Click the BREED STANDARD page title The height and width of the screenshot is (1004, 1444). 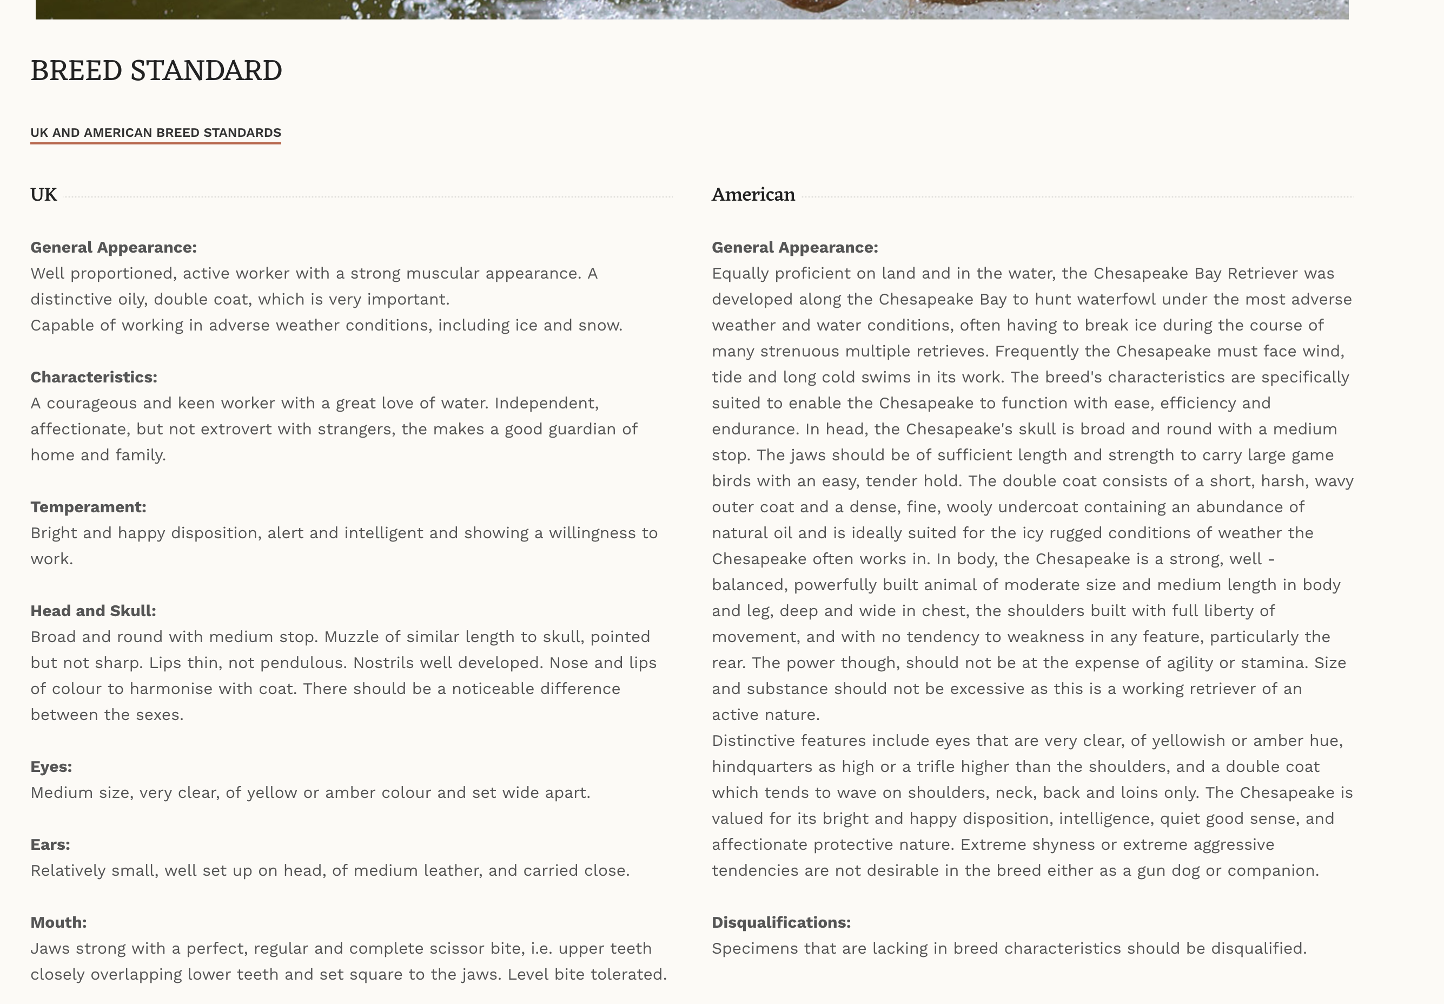tap(156, 70)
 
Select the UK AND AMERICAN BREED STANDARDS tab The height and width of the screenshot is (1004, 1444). tap(155, 133)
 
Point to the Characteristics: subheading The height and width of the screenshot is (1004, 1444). tap(94, 378)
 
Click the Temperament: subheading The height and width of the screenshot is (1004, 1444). tap(88, 507)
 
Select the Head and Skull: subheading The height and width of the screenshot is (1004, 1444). tap(93, 611)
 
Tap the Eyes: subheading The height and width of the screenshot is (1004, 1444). tap(51, 767)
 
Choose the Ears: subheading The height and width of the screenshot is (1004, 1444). tap(50, 845)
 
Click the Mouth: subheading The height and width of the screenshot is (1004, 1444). tap(58, 923)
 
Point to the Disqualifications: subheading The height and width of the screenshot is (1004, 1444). tap(781, 923)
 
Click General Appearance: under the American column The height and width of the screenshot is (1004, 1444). tap(794, 248)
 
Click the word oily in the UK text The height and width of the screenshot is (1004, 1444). tap(131, 300)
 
